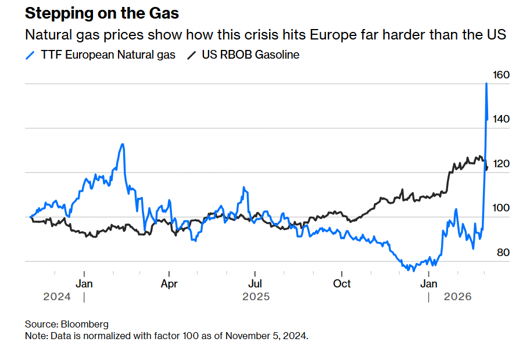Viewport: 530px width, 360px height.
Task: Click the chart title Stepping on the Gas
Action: point(102,13)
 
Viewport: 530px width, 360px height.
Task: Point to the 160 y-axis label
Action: point(501,75)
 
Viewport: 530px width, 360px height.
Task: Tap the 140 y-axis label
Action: point(501,119)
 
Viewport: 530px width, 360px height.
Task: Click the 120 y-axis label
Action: point(501,164)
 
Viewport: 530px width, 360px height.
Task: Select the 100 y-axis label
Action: point(501,208)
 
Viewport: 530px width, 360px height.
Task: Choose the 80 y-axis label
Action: point(501,253)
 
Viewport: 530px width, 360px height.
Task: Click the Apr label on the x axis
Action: point(169,284)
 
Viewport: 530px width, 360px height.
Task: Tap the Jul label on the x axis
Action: point(255,284)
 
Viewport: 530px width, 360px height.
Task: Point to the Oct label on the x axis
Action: point(342,284)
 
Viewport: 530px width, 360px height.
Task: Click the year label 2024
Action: point(57,297)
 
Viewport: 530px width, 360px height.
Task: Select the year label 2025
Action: point(256,297)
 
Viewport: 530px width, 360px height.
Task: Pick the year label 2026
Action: point(457,297)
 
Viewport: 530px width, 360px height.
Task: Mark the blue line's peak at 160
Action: point(486,84)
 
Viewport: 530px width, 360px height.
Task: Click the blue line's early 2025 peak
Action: point(122,144)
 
